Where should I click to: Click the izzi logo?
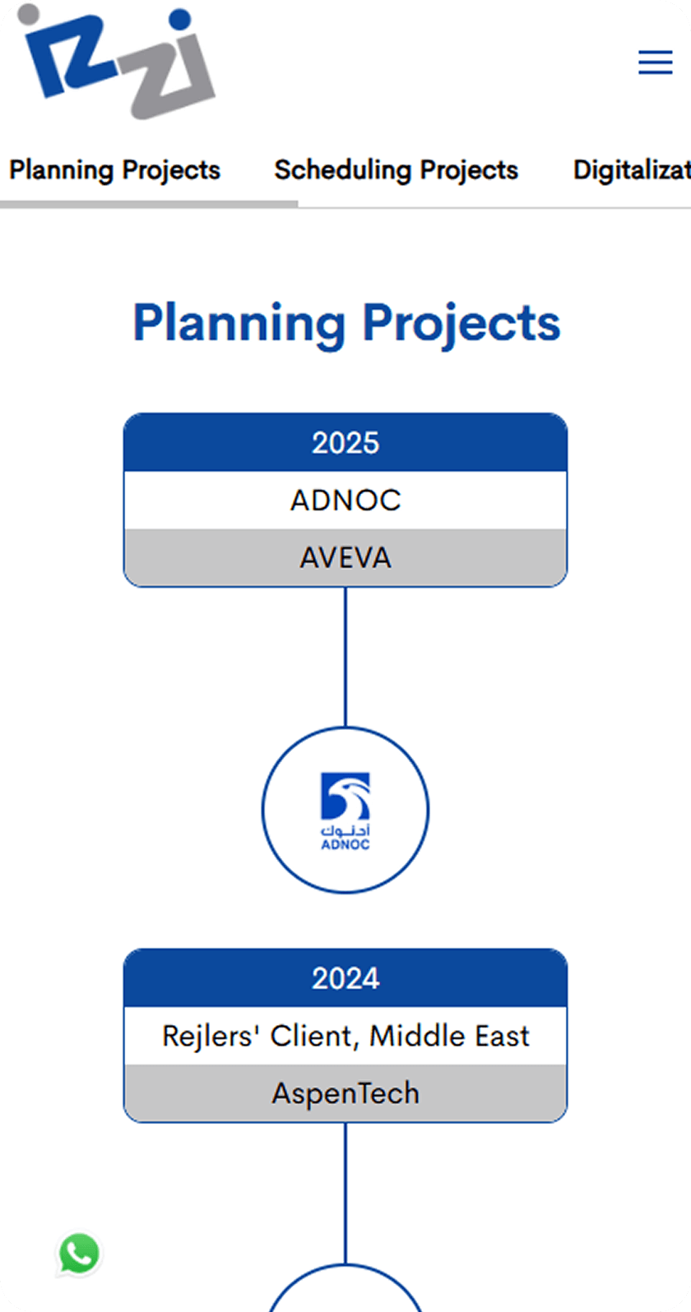(117, 62)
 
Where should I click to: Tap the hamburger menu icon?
(656, 62)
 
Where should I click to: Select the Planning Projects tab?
(115, 170)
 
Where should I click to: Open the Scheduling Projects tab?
(397, 170)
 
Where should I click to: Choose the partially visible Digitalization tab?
(632, 170)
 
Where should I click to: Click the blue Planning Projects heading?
(346, 323)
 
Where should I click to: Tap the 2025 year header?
(345, 442)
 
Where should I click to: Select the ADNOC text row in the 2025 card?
(345, 500)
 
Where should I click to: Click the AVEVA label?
(345, 557)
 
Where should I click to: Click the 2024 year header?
(345, 978)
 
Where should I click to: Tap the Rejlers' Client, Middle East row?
(345, 1036)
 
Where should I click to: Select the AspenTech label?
(345, 1093)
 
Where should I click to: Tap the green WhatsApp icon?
(78, 1254)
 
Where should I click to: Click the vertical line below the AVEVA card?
(345, 657)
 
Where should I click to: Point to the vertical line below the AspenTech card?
(345, 1193)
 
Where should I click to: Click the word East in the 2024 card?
(502, 1036)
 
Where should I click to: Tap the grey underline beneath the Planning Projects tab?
(149, 205)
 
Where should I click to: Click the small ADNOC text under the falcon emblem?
(345, 844)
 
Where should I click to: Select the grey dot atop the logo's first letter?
(28, 14)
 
